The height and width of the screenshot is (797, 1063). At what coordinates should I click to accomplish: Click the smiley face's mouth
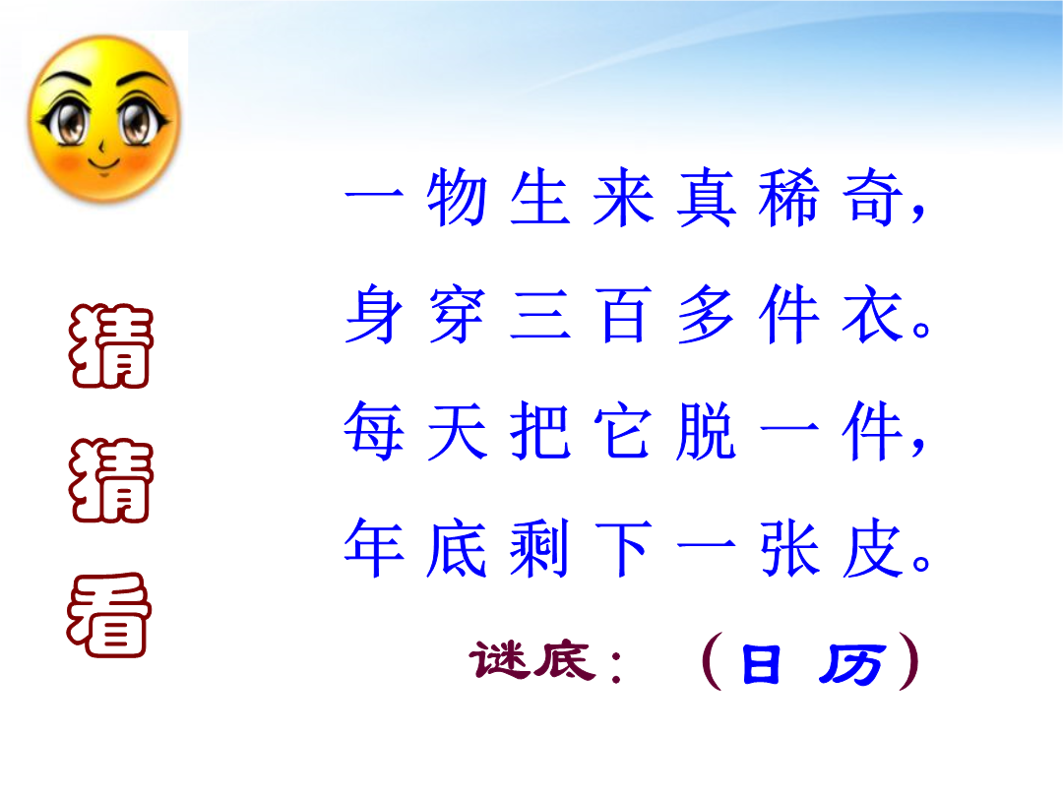tap(103, 163)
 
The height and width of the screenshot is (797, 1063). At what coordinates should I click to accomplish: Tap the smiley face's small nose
tap(101, 145)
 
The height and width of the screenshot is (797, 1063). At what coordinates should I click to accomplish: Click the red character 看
tap(108, 615)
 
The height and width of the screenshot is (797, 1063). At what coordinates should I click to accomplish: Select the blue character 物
tap(457, 197)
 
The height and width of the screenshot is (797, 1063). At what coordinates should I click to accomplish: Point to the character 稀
tap(788, 197)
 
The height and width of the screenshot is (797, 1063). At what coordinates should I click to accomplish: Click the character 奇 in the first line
tap(872, 197)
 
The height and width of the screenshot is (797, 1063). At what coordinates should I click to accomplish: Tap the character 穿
tap(457, 315)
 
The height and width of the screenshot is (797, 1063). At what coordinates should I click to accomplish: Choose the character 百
tap(623, 315)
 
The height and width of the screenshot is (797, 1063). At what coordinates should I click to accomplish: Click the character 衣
tap(872, 315)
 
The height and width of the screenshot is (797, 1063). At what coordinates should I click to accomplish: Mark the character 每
tap(374, 431)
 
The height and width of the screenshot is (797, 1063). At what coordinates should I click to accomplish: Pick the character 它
tap(623, 431)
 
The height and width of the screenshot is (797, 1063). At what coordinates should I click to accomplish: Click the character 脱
tap(706, 431)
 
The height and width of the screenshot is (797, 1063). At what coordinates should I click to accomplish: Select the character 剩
tap(539, 548)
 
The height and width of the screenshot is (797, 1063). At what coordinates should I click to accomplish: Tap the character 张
tap(788, 548)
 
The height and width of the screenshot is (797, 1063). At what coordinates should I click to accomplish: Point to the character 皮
tap(872, 548)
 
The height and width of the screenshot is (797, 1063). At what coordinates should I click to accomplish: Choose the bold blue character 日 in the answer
tap(761, 663)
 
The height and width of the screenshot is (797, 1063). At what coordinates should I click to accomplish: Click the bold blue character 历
tap(851, 664)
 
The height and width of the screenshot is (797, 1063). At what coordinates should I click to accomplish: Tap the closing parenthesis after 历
tap(909, 661)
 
